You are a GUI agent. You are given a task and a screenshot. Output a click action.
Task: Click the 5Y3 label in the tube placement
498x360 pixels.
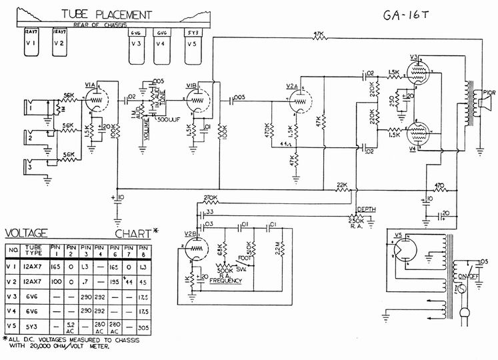point(193,32)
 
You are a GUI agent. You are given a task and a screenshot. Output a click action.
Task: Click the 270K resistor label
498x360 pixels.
point(211,198)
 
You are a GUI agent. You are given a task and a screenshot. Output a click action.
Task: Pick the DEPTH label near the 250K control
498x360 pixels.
point(367,209)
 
